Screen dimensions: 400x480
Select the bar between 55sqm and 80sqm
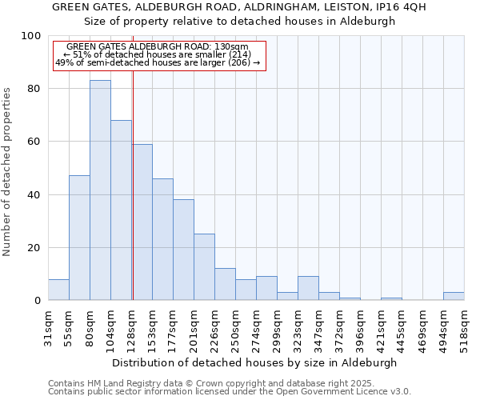point(79,238)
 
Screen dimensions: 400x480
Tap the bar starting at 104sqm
point(121,210)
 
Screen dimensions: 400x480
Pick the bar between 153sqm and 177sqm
point(162,239)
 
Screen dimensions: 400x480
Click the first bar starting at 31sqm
point(58,290)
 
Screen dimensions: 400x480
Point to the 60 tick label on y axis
point(34,142)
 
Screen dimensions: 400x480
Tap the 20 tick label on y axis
point(34,248)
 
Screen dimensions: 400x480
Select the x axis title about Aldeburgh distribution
point(254,362)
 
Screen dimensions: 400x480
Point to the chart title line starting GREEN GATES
point(239,7)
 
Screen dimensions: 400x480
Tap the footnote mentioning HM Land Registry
point(228,383)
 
